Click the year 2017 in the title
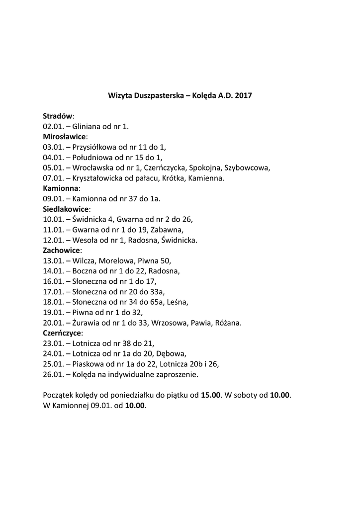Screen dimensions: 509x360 (244, 94)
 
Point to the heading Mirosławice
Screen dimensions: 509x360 (65, 136)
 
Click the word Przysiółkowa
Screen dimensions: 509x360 (95, 147)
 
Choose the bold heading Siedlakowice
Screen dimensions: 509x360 (66, 209)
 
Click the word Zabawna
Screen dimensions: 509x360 (170, 230)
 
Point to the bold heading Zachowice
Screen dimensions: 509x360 (62, 251)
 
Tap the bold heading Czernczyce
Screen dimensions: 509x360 (63, 333)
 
